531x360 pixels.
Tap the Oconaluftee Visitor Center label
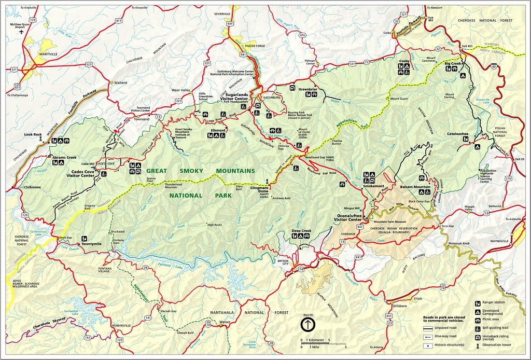[348, 217]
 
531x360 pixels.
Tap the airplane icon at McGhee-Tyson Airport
[21, 32]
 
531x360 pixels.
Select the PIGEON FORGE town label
[255, 46]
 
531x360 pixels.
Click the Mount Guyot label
[399, 98]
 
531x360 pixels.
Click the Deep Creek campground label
[301, 230]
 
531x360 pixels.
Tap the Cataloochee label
[458, 134]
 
